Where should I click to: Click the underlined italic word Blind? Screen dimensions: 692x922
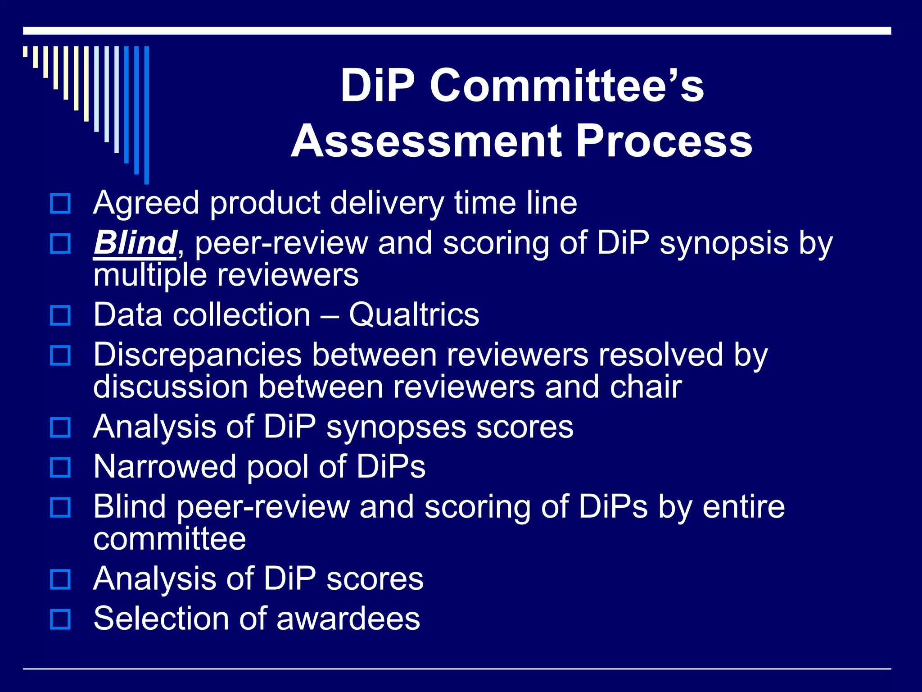point(135,243)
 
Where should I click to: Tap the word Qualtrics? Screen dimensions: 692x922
point(414,314)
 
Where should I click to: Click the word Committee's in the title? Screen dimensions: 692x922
point(566,86)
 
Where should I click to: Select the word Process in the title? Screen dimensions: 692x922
point(664,141)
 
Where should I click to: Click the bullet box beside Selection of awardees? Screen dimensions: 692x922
point(60,619)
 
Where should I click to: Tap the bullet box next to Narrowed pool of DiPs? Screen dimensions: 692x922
point(60,467)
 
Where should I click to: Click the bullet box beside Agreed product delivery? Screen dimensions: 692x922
point(60,204)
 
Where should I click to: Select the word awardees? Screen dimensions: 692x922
point(348,619)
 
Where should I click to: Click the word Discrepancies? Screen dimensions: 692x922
point(197,355)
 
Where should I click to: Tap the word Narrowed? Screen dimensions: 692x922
point(164,467)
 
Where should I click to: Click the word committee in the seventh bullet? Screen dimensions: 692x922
point(169,539)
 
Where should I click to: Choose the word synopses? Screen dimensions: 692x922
point(396,427)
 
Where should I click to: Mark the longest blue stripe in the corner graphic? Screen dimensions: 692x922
point(146,115)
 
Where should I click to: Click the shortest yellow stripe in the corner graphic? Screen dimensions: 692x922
point(26,51)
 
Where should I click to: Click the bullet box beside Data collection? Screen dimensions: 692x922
point(60,315)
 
